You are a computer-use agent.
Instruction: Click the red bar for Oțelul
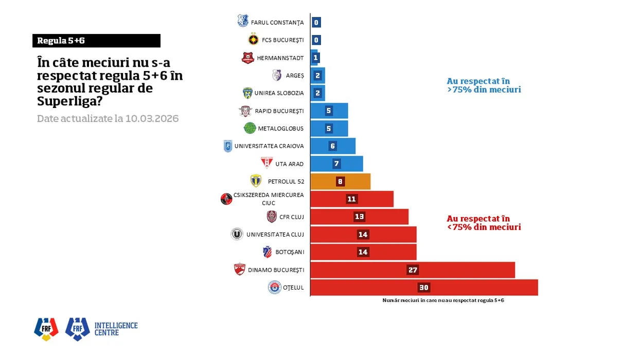(x=424, y=287)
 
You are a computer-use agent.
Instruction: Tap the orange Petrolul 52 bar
(x=340, y=182)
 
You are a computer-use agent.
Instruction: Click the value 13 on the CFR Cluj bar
(x=360, y=217)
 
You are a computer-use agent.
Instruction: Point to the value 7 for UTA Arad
(x=336, y=164)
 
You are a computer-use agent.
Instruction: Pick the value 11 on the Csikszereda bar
(x=352, y=199)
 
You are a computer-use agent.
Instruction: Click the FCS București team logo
(x=253, y=40)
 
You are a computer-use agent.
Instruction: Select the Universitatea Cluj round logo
(x=237, y=235)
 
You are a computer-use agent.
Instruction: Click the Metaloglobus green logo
(x=250, y=128)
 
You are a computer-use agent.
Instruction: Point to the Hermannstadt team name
(x=280, y=58)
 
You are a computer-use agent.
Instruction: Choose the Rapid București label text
(x=279, y=111)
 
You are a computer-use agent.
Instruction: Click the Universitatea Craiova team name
(x=269, y=146)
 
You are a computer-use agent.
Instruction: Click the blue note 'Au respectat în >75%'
(x=484, y=85)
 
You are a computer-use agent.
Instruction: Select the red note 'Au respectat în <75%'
(x=484, y=223)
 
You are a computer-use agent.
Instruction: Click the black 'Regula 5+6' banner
(x=96, y=41)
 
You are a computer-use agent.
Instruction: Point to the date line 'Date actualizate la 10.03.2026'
(x=108, y=119)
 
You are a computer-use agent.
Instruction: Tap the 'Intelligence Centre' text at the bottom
(x=116, y=329)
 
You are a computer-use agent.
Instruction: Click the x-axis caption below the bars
(x=443, y=300)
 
